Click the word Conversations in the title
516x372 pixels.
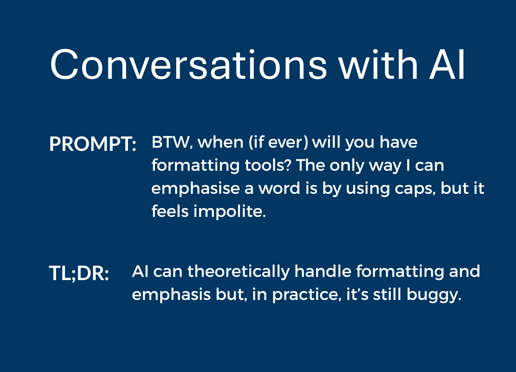[x=188, y=64]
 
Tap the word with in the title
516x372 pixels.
[x=378, y=64]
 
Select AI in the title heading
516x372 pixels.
[x=447, y=65]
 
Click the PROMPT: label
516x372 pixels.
[x=92, y=144]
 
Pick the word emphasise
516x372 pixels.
[x=196, y=189]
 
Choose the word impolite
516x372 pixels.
[x=230, y=212]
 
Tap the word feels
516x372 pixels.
[x=170, y=211]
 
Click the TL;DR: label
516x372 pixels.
[x=79, y=273]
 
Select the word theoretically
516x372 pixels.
[x=238, y=272]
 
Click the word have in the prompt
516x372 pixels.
[x=398, y=142]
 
